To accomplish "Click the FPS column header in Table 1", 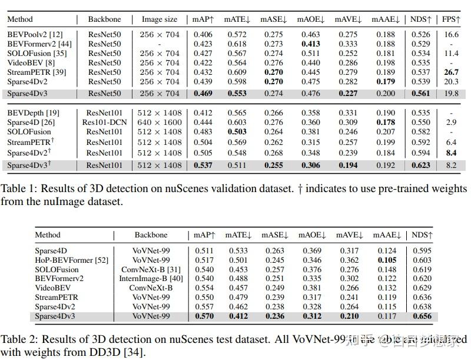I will click(450, 19).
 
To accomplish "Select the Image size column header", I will click(160, 19).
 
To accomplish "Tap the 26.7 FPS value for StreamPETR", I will click(450, 72).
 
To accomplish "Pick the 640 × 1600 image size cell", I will click(160, 122).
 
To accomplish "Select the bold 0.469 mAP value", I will click(203, 93).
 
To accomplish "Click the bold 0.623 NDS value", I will click(420, 166).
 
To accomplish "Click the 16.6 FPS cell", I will click(450, 35).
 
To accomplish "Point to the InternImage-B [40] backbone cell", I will click(151, 279).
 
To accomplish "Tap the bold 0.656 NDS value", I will click(422, 316).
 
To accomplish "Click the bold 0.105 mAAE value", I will click(387, 260).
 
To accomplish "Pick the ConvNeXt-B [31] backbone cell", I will click(151, 269).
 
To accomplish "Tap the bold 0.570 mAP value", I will click(204, 316).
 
